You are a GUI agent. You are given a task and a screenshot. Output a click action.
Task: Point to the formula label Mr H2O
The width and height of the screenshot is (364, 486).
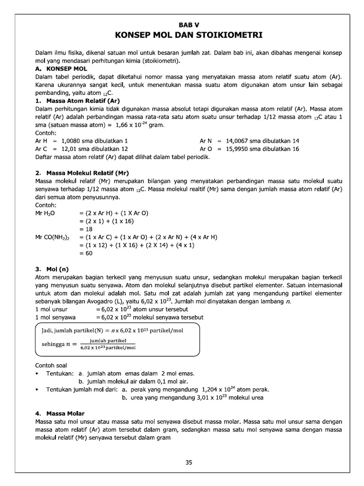tap(45, 213)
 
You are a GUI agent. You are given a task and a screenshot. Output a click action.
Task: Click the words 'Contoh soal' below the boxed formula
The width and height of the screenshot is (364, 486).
tap(51, 365)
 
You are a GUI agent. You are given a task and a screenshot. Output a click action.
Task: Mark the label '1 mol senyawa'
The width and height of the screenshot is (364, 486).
tap(53, 317)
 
